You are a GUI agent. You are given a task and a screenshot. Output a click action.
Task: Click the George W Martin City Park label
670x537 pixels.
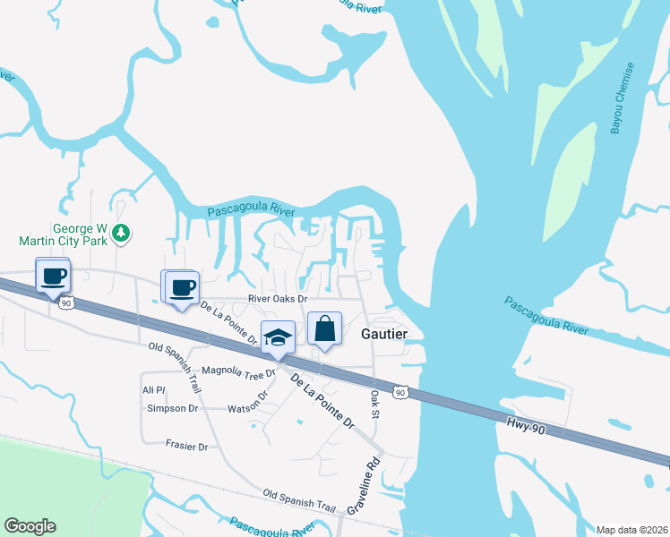(61, 234)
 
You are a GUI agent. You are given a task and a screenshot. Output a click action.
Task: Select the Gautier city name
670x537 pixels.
(384, 333)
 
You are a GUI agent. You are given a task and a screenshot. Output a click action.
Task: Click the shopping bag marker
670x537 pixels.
(324, 328)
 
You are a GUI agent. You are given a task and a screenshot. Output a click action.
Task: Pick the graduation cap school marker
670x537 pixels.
(278, 337)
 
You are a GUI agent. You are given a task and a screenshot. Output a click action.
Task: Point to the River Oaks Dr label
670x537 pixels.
(277, 299)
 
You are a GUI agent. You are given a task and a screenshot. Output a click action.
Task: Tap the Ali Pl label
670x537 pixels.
(154, 390)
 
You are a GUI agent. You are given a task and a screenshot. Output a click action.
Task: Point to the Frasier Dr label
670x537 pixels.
(186, 445)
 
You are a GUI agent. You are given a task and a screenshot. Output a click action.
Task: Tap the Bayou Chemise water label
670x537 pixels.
(623, 98)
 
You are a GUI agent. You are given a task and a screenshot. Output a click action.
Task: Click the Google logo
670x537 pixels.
(30, 526)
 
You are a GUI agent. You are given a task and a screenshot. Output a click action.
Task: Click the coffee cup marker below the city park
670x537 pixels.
(54, 276)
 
